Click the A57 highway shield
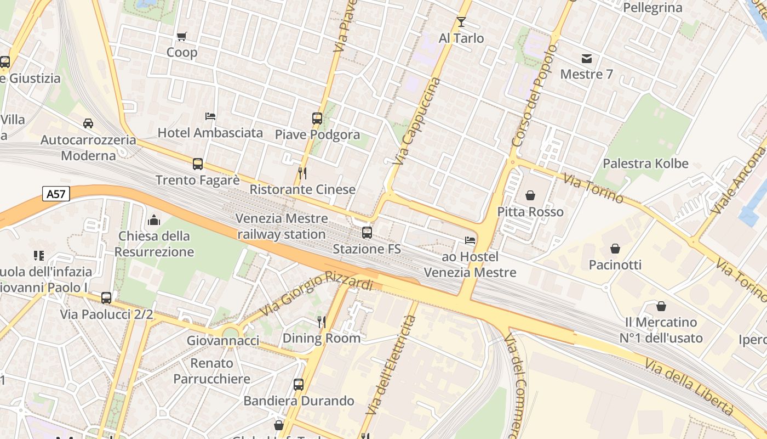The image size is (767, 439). (56, 194)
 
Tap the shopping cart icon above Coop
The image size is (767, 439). (182, 37)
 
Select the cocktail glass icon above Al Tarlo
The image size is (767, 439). (461, 22)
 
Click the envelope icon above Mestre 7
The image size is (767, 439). (587, 59)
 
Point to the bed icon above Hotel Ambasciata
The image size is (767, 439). (210, 116)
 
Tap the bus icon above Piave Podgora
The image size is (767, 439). (317, 118)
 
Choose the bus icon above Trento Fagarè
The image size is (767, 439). (198, 164)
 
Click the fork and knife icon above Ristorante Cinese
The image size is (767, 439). (302, 173)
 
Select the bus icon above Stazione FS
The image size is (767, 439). (367, 233)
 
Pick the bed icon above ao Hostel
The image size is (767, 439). (470, 240)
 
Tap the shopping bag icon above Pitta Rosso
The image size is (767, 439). (530, 195)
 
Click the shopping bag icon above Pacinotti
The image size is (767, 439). (615, 249)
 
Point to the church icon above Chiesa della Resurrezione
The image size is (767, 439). (154, 220)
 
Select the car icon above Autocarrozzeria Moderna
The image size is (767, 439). (88, 123)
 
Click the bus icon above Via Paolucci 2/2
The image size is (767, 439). (106, 298)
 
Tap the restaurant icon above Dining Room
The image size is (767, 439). (322, 322)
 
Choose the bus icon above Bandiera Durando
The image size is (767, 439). (299, 385)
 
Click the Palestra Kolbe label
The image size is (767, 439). (645, 164)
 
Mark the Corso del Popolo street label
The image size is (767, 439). (534, 96)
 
